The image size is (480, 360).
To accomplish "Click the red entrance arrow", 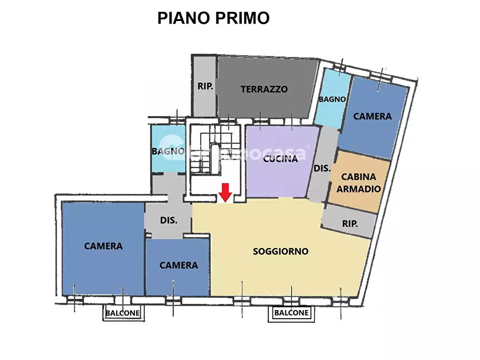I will pyautogui.click(x=226, y=191).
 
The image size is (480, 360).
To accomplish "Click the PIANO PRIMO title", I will pyautogui.click(x=213, y=18).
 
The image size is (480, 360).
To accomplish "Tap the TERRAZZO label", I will pyautogui.click(x=264, y=89).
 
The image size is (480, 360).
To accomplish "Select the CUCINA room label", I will pyautogui.click(x=280, y=159).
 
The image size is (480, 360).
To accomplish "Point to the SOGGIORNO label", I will pyautogui.click(x=281, y=251).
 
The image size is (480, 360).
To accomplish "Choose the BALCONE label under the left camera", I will pyautogui.click(x=123, y=313).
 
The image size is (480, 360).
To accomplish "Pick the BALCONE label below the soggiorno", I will pyautogui.click(x=291, y=312).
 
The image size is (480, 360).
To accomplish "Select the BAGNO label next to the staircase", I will pyautogui.click(x=168, y=151).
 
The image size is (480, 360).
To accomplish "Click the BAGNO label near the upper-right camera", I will pyautogui.click(x=332, y=99).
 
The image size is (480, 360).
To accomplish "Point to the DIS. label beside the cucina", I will pyautogui.click(x=322, y=168).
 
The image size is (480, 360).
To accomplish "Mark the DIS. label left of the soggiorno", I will pyautogui.click(x=168, y=220).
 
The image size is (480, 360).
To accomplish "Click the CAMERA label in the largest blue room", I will pyautogui.click(x=103, y=246).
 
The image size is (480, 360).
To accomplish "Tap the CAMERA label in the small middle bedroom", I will pyautogui.click(x=178, y=265).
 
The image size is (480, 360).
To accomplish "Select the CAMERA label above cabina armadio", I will pyautogui.click(x=372, y=116).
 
